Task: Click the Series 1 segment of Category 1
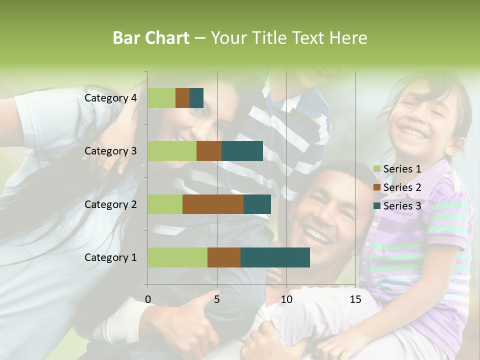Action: (177, 257)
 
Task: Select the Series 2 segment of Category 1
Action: (224, 257)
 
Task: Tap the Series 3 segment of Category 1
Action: (275, 257)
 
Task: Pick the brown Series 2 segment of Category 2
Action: (213, 204)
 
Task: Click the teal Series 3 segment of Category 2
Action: (257, 204)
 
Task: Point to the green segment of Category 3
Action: (172, 151)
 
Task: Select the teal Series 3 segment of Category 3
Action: (242, 151)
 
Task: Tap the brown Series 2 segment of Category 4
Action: (182, 98)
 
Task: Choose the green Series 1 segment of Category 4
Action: (161, 98)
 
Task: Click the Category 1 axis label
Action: (110, 257)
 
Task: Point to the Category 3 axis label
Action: (110, 151)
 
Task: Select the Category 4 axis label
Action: (110, 98)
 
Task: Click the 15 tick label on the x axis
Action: (355, 299)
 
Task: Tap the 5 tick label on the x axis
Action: (217, 299)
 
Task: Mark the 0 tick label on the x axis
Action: (148, 299)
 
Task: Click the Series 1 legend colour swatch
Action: (376, 169)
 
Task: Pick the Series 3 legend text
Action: (402, 206)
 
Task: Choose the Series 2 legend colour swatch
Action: (376, 187)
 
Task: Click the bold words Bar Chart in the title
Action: (151, 38)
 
